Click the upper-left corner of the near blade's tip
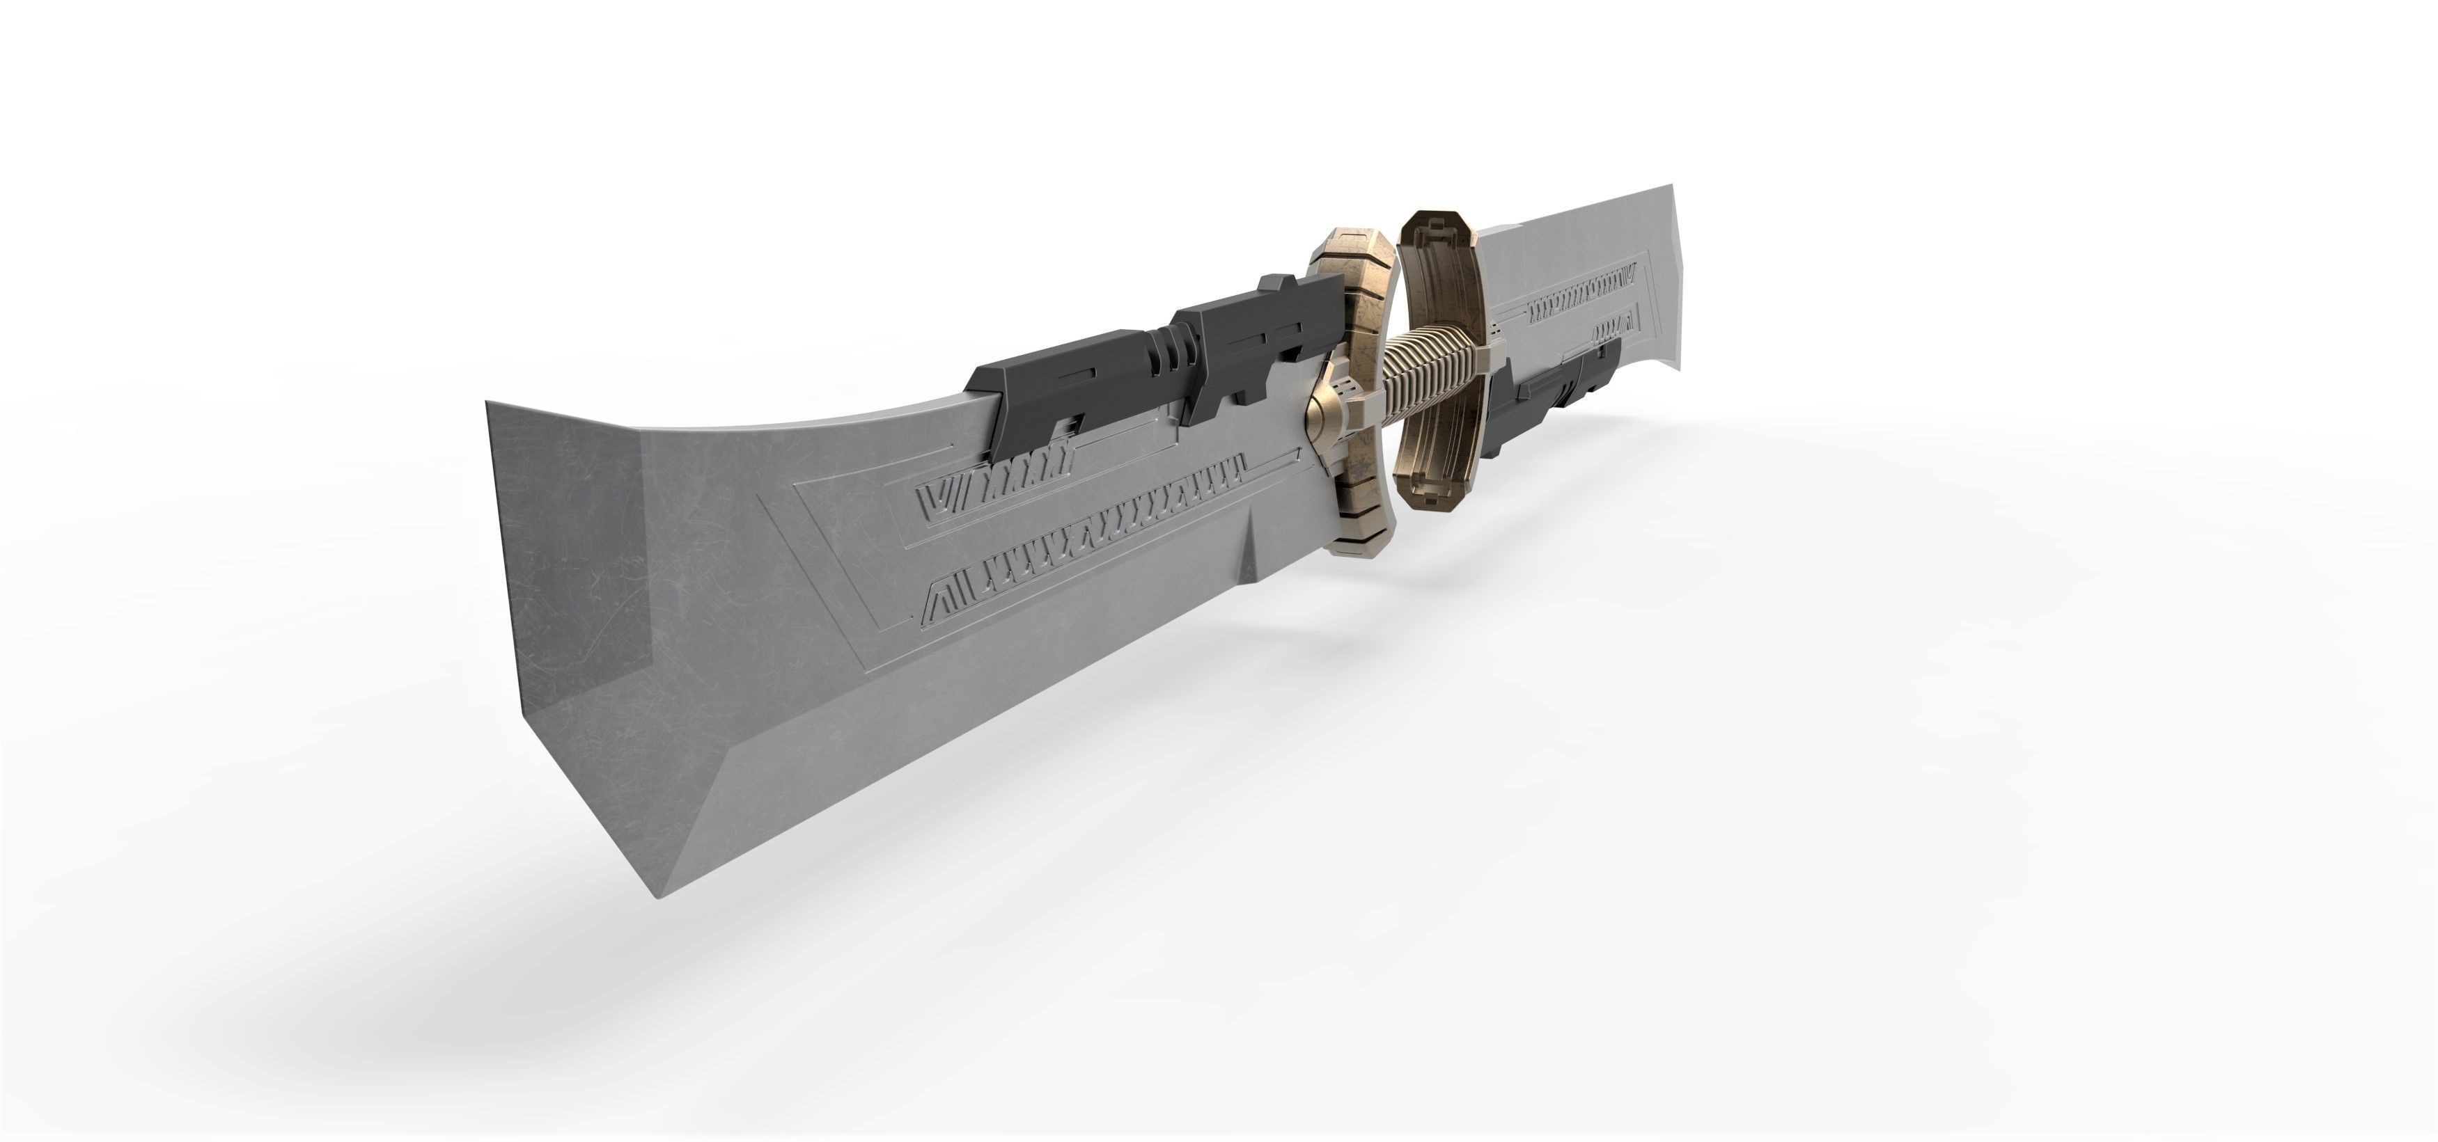(488, 403)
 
